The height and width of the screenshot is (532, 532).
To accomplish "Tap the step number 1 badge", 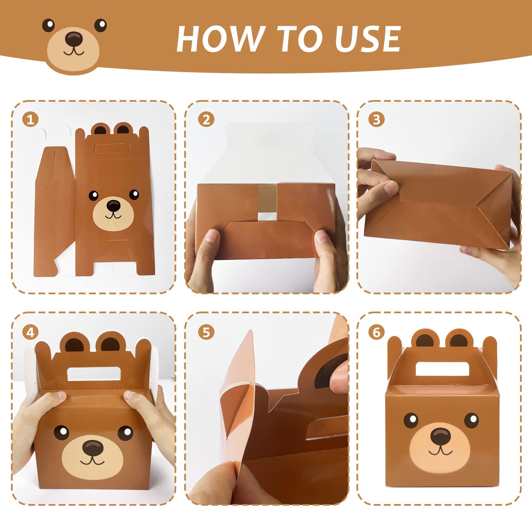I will [30, 119].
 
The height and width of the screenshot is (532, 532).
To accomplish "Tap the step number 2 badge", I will [206, 119].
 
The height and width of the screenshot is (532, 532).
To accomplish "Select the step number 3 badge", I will [376, 119].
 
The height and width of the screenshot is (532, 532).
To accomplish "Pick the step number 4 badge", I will [30, 332].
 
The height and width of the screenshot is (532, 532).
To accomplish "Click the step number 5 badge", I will [206, 332].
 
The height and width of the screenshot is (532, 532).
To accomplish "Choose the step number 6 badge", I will [376, 332].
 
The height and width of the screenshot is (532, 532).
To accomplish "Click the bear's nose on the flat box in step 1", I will [114, 205].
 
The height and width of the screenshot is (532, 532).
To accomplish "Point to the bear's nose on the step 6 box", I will [441, 436].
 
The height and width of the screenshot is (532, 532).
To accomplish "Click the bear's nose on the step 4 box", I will [93, 448].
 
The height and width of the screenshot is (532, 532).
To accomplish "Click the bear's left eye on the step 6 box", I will [411, 421].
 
